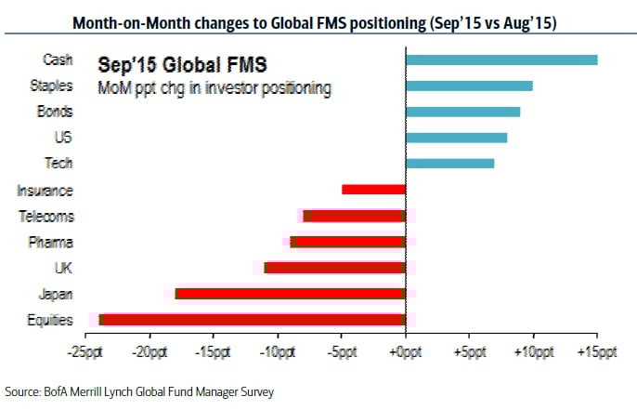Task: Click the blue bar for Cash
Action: click(501, 60)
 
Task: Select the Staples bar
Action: click(469, 86)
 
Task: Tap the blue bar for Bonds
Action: click(462, 112)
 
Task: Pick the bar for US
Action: click(456, 139)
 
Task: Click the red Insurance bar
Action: click(373, 190)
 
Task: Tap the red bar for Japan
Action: click(290, 294)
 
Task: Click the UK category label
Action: click(64, 269)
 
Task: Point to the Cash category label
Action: click(58, 60)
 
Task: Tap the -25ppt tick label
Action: click(84, 353)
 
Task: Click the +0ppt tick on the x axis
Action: click(405, 353)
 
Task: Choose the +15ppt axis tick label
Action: click(596, 353)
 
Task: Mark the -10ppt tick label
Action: click(276, 353)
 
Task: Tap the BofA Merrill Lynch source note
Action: click(139, 391)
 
